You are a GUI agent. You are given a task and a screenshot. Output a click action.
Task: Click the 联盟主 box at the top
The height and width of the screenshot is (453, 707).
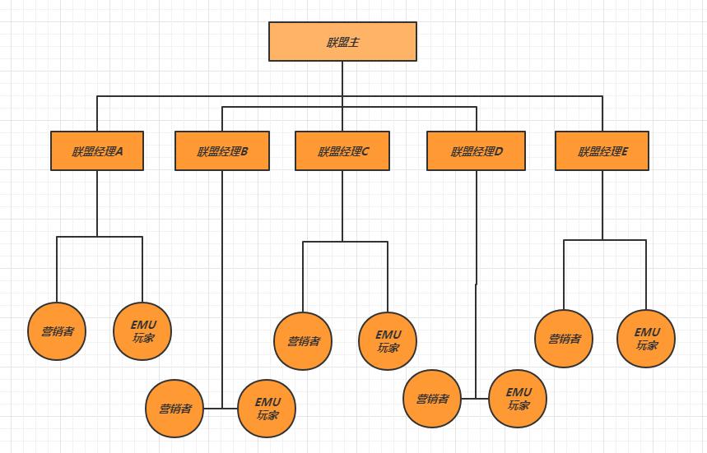(342, 41)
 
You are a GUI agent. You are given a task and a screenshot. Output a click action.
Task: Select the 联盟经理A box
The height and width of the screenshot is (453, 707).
(97, 151)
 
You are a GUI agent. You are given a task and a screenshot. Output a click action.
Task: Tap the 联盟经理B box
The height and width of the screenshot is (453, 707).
(222, 151)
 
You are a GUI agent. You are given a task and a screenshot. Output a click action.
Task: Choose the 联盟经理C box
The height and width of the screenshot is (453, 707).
(342, 151)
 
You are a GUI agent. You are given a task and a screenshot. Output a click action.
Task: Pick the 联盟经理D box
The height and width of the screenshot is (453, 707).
(476, 151)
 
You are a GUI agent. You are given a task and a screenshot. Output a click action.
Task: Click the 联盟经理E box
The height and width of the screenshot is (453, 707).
(602, 151)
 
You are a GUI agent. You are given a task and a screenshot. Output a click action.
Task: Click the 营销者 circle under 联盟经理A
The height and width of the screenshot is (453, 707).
(58, 331)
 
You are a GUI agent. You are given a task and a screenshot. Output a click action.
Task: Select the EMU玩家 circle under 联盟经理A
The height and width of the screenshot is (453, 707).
(142, 331)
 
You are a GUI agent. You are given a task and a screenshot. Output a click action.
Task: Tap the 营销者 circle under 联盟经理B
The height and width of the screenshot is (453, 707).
(175, 409)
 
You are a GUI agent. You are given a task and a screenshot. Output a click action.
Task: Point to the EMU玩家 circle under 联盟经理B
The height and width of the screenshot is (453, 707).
(267, 409)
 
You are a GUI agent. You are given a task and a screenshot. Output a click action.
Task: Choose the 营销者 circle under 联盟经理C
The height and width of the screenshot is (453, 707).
(303, 341)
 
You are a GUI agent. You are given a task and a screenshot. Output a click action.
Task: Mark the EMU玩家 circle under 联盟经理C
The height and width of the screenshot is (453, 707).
(388, 341)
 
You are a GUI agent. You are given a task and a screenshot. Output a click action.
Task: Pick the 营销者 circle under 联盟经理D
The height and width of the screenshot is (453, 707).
(432, 399)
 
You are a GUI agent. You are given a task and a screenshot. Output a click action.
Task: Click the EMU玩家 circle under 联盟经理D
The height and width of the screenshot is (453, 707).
(518, 399)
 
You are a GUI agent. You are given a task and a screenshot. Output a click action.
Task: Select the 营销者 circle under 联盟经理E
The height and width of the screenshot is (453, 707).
(564, 338)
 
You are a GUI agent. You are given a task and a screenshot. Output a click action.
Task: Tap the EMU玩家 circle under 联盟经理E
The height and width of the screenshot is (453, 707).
(646, 338)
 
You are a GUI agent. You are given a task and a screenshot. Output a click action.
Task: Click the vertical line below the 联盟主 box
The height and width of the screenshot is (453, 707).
(342, 78)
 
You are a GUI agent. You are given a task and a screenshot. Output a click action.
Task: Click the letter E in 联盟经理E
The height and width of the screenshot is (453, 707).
(625, 151)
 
